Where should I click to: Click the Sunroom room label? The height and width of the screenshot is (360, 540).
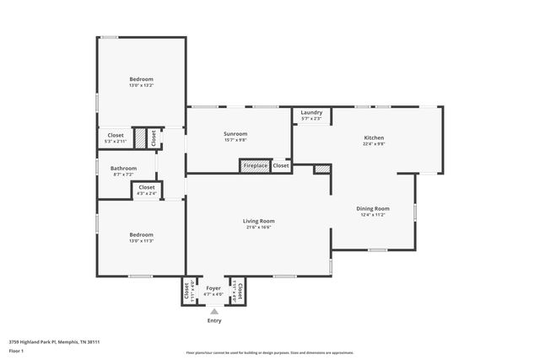click(235, 134)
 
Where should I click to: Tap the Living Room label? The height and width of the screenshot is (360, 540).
click(260, 221)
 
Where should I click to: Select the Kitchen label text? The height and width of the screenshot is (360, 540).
click(374, 137)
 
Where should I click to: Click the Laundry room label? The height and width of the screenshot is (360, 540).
click(311, 112)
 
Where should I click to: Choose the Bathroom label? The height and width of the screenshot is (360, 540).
click(125, 168)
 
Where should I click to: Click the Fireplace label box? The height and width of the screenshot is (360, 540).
click(256, 166)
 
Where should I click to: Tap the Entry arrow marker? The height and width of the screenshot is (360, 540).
click(214, 311)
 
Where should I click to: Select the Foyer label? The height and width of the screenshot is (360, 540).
click(214, 288)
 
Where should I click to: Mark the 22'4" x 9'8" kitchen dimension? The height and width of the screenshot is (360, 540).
click(374, 144)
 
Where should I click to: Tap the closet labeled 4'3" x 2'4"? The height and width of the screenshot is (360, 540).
click(147, 191)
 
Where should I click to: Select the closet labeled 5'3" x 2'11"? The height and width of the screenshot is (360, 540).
click(116, 138)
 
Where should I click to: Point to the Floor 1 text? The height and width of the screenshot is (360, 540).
click(16, 350)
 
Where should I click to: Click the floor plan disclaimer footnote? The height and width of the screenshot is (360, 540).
click(269, 353)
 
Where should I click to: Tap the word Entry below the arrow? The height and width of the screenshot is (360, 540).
click(214, 320)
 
